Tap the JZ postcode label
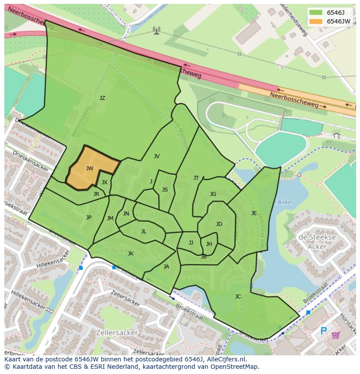(102, 98)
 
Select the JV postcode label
(157, 156)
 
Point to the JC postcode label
(238, 297)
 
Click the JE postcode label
(254, 213)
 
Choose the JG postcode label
(213, 194)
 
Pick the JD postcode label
(219, 224)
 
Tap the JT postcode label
(196, 178)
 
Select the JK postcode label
(130, 254)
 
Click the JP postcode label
(89, 218)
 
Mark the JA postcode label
(166, 267)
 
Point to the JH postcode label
(209, 244)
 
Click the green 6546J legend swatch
(316, 13)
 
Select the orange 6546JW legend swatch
(316, 21)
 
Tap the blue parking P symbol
(323, 331)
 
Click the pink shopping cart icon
(336, 334)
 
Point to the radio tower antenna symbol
(157, 30)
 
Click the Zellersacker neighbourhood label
(118, 333)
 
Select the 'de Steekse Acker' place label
(317, 242)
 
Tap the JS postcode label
(165, 190)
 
